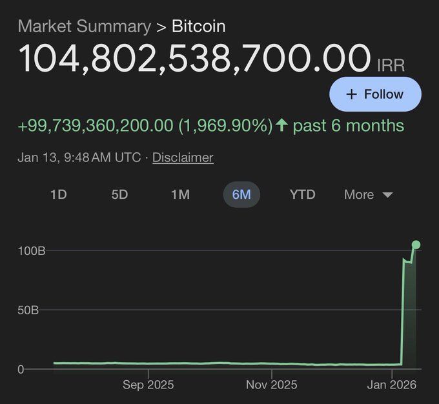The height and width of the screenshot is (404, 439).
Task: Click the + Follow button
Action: (x=375, y=94)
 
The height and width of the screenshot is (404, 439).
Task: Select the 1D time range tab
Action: (x=59, y=194)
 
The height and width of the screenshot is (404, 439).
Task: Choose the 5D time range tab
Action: (x=119, y=194)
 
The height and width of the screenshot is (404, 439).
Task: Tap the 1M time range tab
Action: (x=180, y=194)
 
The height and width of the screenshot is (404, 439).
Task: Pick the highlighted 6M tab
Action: (x=241, y=194)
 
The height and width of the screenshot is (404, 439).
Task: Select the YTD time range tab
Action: (x=302, y=194)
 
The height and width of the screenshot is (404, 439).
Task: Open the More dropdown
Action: (x=368, y=194)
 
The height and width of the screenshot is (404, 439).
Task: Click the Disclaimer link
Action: (x=183, y=157)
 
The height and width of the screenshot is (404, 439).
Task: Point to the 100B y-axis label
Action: (x=31, y=250)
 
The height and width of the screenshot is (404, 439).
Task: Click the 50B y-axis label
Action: (x=28, y=310)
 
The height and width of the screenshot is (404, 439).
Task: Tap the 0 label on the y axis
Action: (x=21, y=369)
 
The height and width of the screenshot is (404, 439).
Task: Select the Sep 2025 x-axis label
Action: (x=148, y=385)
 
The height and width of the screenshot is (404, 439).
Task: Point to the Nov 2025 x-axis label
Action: (x=272, y=385)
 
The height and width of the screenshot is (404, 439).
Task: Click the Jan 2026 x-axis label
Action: (x=391, y=385)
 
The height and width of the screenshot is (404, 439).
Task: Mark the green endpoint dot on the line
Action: (x=416, y=245)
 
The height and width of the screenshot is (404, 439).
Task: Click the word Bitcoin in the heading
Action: (x=199, y=26)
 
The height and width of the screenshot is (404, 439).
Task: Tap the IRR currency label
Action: (x=391, y=65)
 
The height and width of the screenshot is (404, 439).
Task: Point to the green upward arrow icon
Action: (x=281, y=125)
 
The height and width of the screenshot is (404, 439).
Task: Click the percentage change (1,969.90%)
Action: (x=225, y=125)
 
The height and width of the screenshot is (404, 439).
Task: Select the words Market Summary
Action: (x=84, y=26)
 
